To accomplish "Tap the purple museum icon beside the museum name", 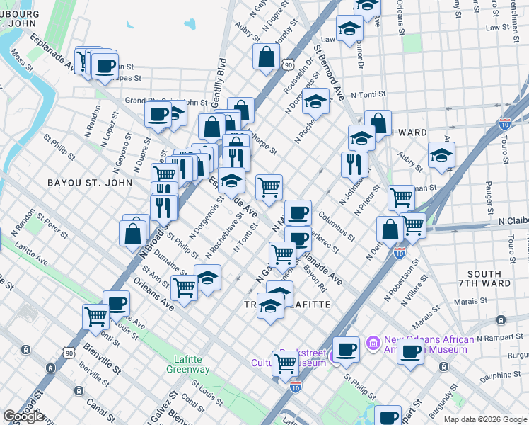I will click(x=372, y=344).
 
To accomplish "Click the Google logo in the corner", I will click(x=24, y=416).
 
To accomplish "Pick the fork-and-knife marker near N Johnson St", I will click(x=354, y=164).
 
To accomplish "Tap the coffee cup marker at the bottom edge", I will click(x=388, y=416).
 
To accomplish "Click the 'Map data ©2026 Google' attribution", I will click(x=485, y=419).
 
